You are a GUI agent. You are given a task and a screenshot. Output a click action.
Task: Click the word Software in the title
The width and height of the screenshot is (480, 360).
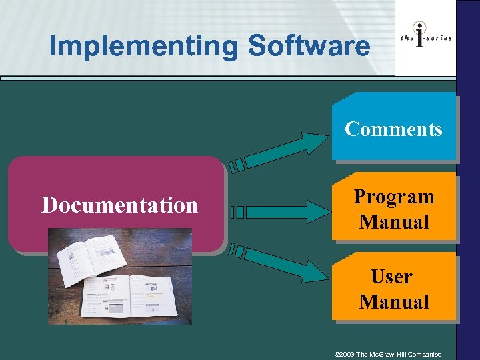[x=309, y=47]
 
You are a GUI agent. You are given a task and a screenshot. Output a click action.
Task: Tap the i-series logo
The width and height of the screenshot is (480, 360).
[x=425, y=39]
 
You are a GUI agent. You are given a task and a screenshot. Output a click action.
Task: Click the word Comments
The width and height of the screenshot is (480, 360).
[x=393, y=129]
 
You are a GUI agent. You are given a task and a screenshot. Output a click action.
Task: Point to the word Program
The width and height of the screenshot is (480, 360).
[x=393, y=197]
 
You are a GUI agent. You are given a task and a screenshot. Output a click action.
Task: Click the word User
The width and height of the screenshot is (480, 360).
[x=392, y=276]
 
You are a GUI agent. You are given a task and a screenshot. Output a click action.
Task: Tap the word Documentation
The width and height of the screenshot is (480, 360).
[x=120, y=205]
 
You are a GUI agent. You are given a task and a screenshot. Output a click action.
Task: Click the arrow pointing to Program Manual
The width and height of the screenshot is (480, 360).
[x=280, y=212]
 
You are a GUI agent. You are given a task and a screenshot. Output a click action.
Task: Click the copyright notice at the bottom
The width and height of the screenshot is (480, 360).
[x=387, y=354]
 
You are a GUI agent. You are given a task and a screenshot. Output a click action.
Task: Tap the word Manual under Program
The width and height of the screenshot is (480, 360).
[x=394, y=222]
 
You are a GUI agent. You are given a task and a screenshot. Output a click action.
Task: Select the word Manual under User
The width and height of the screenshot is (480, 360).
[x=394, y=302]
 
